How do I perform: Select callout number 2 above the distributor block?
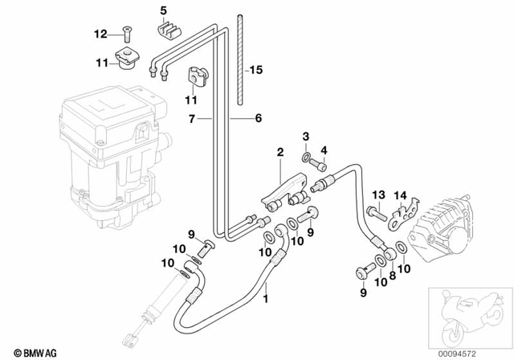tap(280, 151)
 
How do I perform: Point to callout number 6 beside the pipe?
tap(259, 117)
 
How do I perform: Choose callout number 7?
tap(193, 117)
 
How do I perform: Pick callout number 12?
tap(100, 34)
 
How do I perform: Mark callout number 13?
tap(377, 194)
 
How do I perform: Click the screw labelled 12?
tap(126, 33)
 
